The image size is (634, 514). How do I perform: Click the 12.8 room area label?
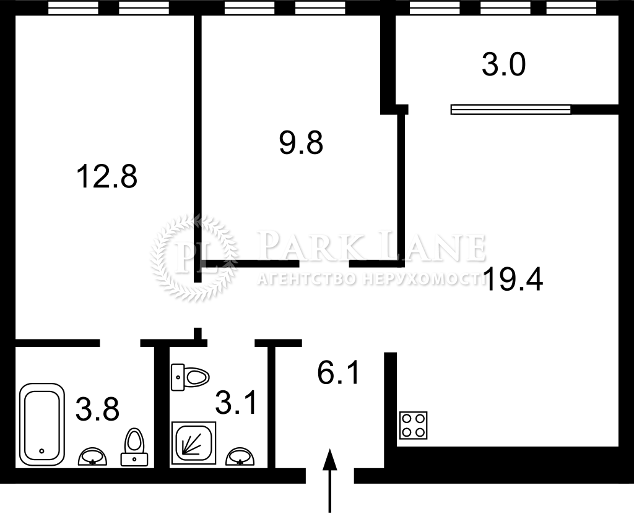pyautogui.click(x=106, y=176)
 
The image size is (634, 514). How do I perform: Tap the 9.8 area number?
pyautogui.click(x=301, y=143)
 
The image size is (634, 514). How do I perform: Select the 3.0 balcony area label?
pyautogui.click(x=503, y=65)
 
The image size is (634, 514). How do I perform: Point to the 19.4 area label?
pyautogui.click(x=513, y=279)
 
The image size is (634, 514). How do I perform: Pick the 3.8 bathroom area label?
pyautogui.click(x=97, y=409)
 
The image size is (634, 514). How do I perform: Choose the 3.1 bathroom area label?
pyautogui.click(x=236, y=403)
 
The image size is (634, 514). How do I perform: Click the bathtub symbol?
pyautogui.click(x=41, y=424)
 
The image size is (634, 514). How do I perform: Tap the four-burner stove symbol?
pyautogui.click(x=413, y=425)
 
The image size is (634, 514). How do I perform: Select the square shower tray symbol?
pyautogui.click(x=194, y=443)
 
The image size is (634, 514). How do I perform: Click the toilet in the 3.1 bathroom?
pyautogui.click(x=190, y=377)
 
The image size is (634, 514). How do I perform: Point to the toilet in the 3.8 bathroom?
pyautogui.click(x=134, y=447)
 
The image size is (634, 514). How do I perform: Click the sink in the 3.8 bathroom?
pyautogui.click(x=93, y=456)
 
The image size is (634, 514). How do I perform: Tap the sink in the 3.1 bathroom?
pyautogui.click(x=240, y=456)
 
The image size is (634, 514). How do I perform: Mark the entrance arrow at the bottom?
pyautogui.click(x=330, y=481)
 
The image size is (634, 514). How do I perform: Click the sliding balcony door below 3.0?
pyautogui.click(x=511, y=109)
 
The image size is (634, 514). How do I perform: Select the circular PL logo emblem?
pyautogui.click(x=194, y=259)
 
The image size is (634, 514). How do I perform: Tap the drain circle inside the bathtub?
pyautogui.click(x=41, y=450)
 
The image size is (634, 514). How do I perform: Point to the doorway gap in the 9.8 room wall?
pyautogui.click(x=324, y=264)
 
